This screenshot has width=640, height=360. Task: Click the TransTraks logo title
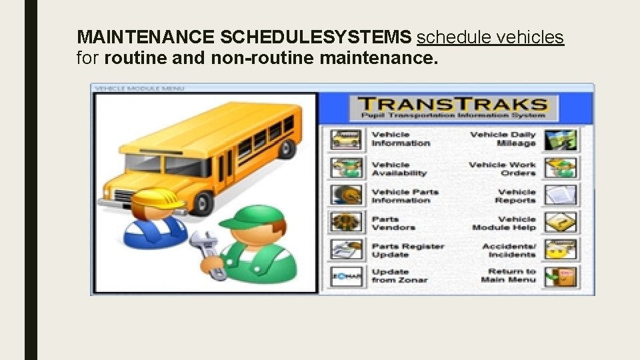click(452, 105)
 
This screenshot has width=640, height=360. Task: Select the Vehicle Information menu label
click(401, 139)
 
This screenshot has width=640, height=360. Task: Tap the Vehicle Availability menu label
click(399, 169)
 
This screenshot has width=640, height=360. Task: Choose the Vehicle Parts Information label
click(405, 196)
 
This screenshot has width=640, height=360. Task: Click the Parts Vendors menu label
click(393, 223)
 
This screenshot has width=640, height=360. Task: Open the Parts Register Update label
click(407, 251)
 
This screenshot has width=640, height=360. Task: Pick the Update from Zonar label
click(399, 276)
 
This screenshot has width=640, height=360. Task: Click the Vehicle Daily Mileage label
click(503, 139)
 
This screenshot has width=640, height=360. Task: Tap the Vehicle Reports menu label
click(515, 196)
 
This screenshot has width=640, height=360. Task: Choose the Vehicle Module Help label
click(504, 223)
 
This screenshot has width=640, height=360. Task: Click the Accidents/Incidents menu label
click(509, 251)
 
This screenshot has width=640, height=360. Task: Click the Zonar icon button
click(346, 276)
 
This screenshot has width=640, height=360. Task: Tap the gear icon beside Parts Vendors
click(346, 222)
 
